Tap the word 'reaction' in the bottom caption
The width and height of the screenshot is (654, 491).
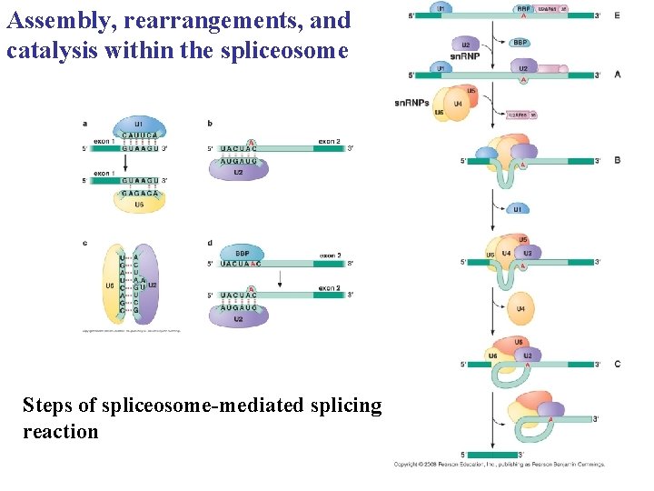point(60,431)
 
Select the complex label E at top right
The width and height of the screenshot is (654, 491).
point(619,16)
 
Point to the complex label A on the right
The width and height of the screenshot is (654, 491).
point(619,75)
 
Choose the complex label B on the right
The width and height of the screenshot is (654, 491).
point(619,161)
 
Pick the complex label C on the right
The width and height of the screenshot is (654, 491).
point(619,364)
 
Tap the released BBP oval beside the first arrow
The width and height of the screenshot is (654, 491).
point(520,42)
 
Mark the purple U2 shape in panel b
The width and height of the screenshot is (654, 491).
point(238,170)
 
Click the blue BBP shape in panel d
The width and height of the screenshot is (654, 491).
point(243,253)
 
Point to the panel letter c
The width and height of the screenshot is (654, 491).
point(84,242)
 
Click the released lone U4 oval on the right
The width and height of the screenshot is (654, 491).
point(520,310)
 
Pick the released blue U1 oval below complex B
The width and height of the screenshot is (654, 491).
point(517,208)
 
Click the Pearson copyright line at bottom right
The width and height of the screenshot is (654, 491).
point(499,464)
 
